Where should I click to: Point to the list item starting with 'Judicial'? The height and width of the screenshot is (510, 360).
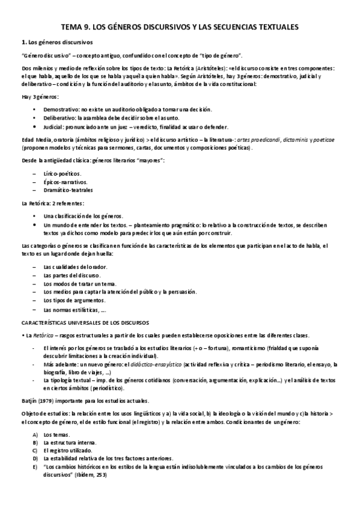tap(136, 127)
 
